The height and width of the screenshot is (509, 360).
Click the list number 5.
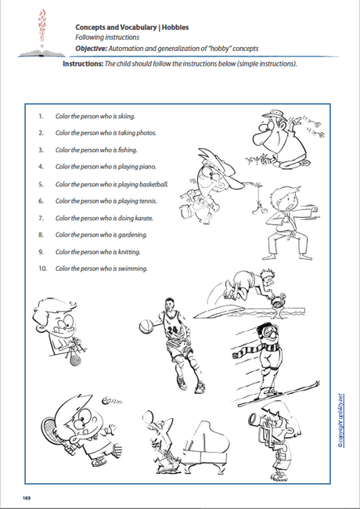coord(41,183)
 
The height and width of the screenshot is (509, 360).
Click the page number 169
coord(27,499)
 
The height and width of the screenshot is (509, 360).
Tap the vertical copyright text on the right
coord(341,419)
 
